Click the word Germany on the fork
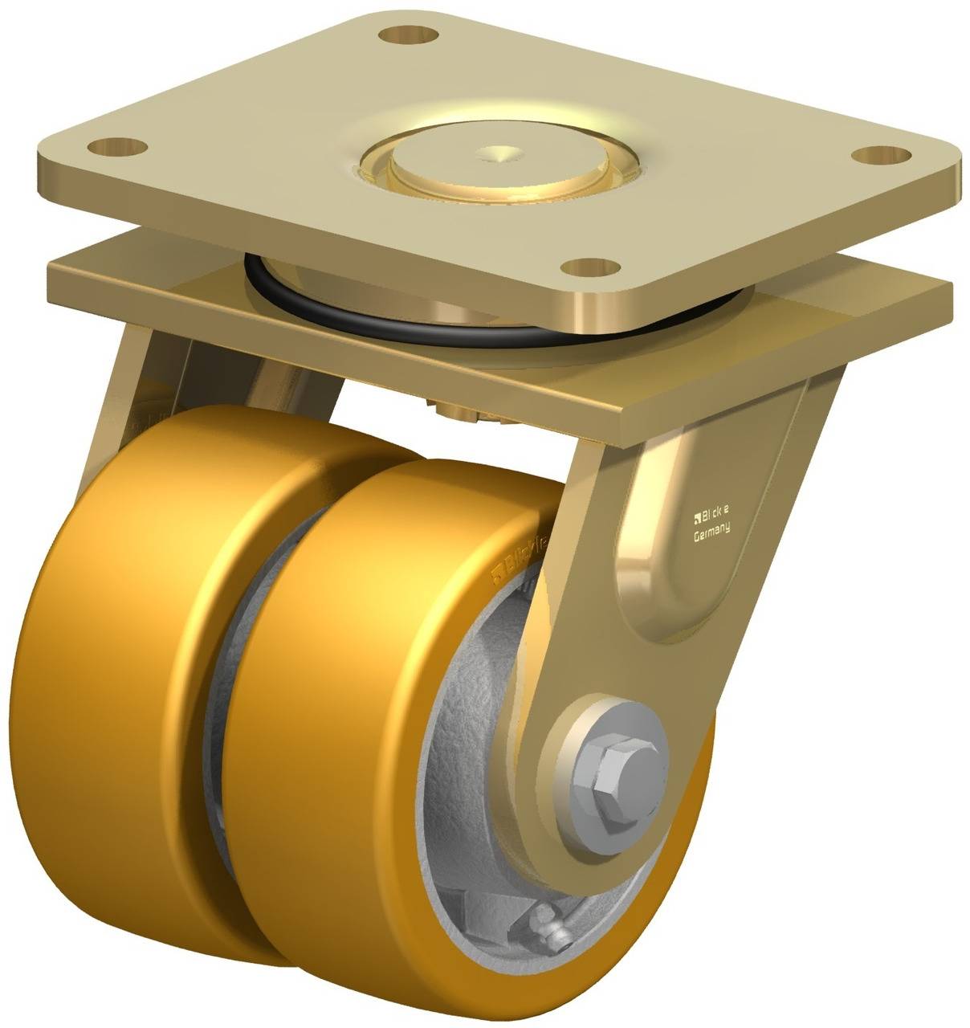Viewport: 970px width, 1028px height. [x=711, y=530]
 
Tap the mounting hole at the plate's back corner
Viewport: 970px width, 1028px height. [x=409, y=35]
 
